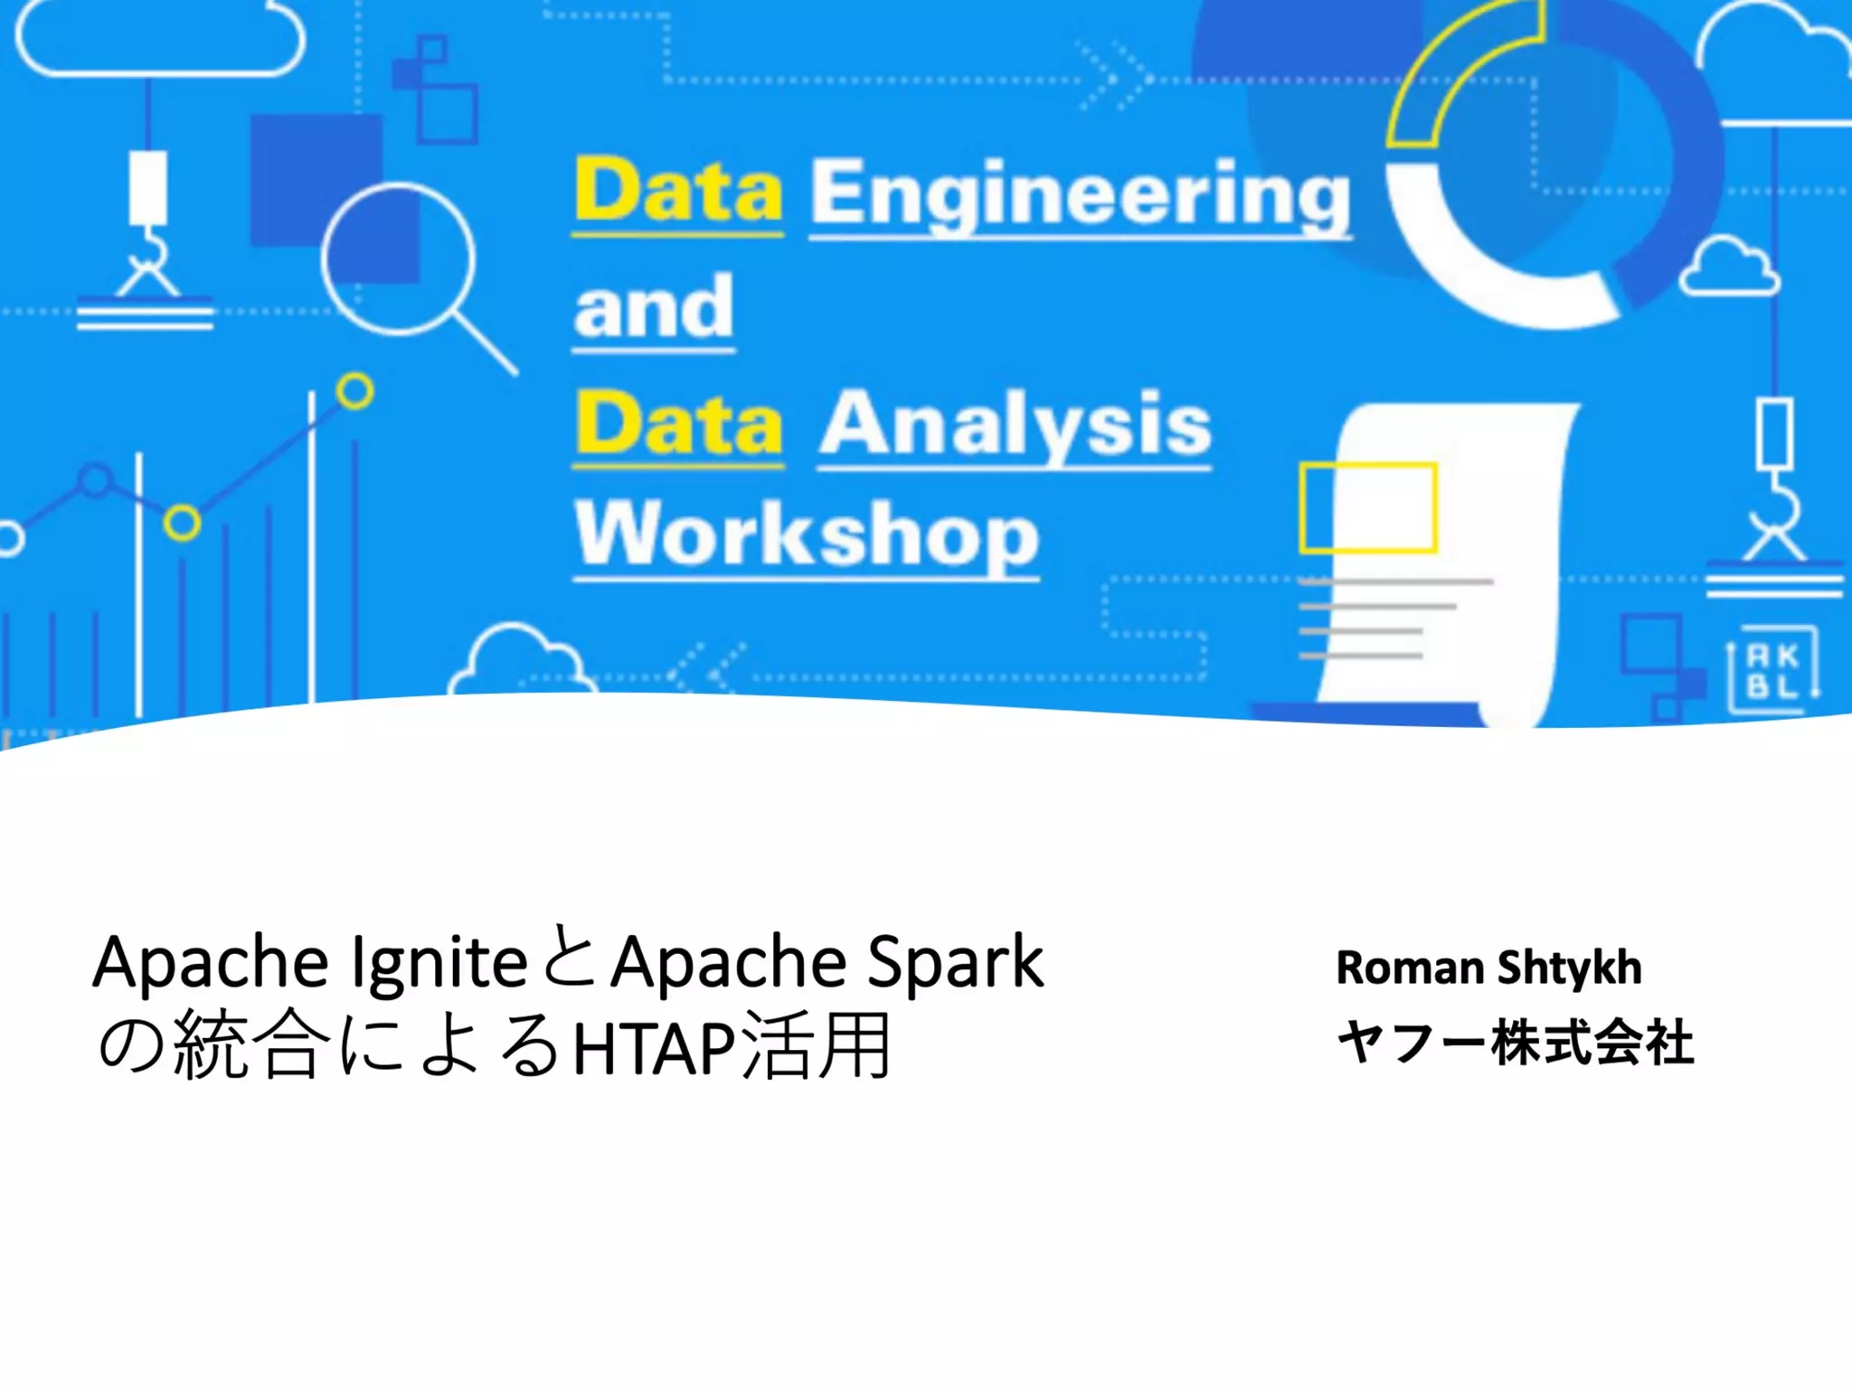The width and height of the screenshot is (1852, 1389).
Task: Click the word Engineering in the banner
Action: tap(1080, 194)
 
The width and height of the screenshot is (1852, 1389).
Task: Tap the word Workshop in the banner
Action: tap(807, 535)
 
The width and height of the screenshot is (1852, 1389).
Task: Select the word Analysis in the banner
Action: tap(1015, 425)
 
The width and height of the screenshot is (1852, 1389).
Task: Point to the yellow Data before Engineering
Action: tap(678, 192)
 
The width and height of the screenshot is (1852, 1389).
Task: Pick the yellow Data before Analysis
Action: tap(678, 425)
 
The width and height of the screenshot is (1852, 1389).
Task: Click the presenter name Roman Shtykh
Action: tap(1488, 968)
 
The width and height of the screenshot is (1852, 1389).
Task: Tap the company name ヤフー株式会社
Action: tap(1515, 1042)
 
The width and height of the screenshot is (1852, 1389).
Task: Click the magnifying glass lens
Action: tap(398, 259)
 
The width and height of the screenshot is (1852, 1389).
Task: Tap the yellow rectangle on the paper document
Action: tap(1368, 507)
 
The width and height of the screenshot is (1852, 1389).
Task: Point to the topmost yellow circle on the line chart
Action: tap(354, 392)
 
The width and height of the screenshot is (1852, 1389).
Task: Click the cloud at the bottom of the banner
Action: tap(521, 660)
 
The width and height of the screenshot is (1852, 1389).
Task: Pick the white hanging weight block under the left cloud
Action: tap(147, 187)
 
